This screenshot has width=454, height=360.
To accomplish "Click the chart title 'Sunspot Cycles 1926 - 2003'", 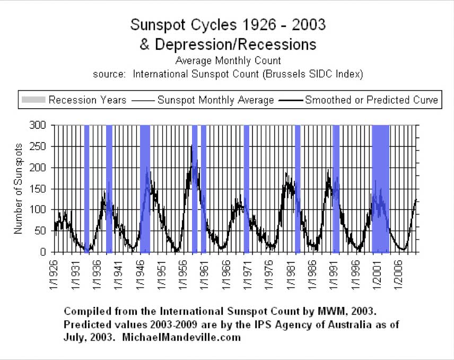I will (x=228, y=24).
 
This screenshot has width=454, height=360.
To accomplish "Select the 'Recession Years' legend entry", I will (x=74, y=100).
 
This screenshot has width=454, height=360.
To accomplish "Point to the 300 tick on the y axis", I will (x=40, y=125).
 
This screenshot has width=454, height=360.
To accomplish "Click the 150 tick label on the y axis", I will (x=40, y=189).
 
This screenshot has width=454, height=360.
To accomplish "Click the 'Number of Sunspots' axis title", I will (x=18, y=189).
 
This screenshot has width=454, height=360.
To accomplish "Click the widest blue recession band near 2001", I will (x=381, y=189).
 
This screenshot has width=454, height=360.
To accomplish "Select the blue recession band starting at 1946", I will (x=145, y=189).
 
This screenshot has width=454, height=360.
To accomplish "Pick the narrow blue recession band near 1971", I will (x=247, y=189).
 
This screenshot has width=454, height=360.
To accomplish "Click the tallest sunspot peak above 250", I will (x=191, y=146).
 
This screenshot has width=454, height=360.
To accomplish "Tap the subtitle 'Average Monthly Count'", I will (x=228, y=60).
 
